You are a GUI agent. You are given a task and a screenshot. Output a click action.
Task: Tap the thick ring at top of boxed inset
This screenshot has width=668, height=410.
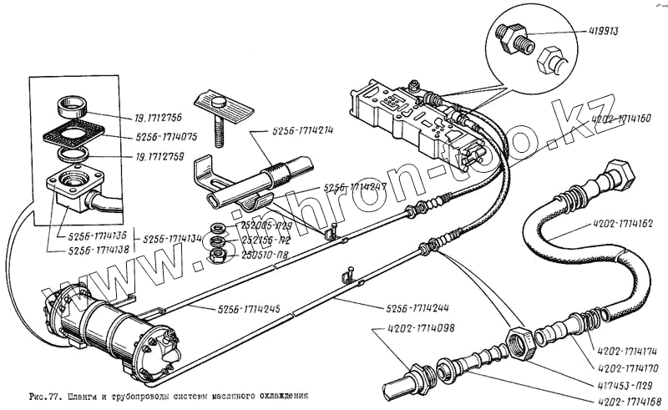72,109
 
